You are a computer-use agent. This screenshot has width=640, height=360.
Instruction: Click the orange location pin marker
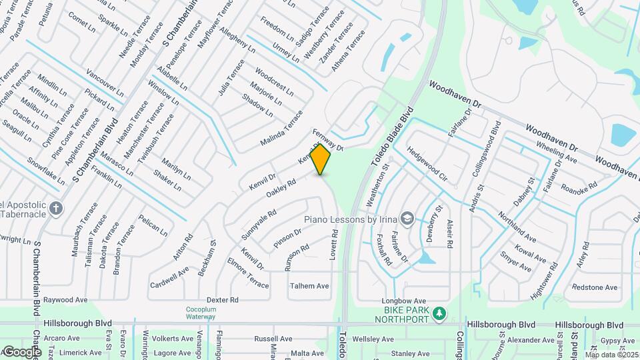click(321, 159)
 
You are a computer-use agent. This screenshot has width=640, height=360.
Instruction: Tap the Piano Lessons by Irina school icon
click(407, 219)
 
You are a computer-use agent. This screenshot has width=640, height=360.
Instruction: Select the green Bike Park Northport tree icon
click(439, 313)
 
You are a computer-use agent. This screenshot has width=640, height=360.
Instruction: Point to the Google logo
click(21, 351)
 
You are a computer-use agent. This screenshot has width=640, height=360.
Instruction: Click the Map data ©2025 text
click(611, 355)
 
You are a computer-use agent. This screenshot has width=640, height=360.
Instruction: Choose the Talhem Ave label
click(309, 286)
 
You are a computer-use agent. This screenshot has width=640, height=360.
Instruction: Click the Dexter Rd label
click(223, 300)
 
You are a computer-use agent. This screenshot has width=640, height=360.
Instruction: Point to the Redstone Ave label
click(595, 287)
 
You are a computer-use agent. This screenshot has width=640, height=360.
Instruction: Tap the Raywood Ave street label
click(66, 300)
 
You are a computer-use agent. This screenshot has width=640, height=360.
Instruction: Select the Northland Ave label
click(518, 227)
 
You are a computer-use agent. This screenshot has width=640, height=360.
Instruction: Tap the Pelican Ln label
click(153, 226)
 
